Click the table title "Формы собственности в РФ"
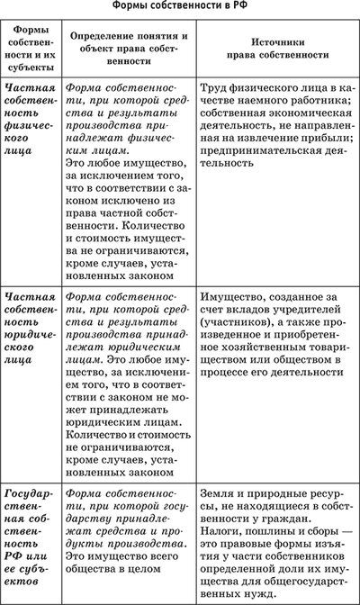(180, 7)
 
